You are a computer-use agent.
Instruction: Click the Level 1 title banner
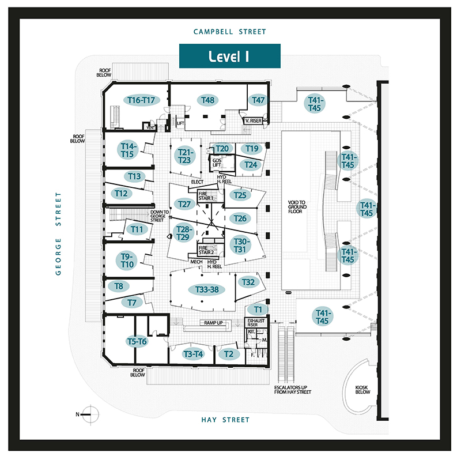click(x=229, y=56)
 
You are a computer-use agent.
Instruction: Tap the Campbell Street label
click(x=230, y=32)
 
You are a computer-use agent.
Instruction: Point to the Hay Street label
click(x=225, y=420)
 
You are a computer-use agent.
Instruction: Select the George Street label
click(x=58, y=233)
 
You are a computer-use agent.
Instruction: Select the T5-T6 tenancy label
click(x=137, y=342)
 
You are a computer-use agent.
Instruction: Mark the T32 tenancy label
click(x=248, y=282)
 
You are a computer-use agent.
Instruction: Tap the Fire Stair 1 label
click(x=206, y=195)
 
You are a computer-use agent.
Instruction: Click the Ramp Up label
click(x=213, y=323)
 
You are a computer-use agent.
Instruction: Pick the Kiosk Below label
click(x=362, y=390)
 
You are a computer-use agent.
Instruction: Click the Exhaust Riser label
click(x=255, y=322)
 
